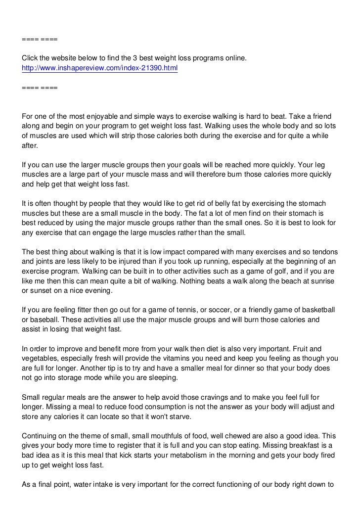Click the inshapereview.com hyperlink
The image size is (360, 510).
point(99,68)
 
